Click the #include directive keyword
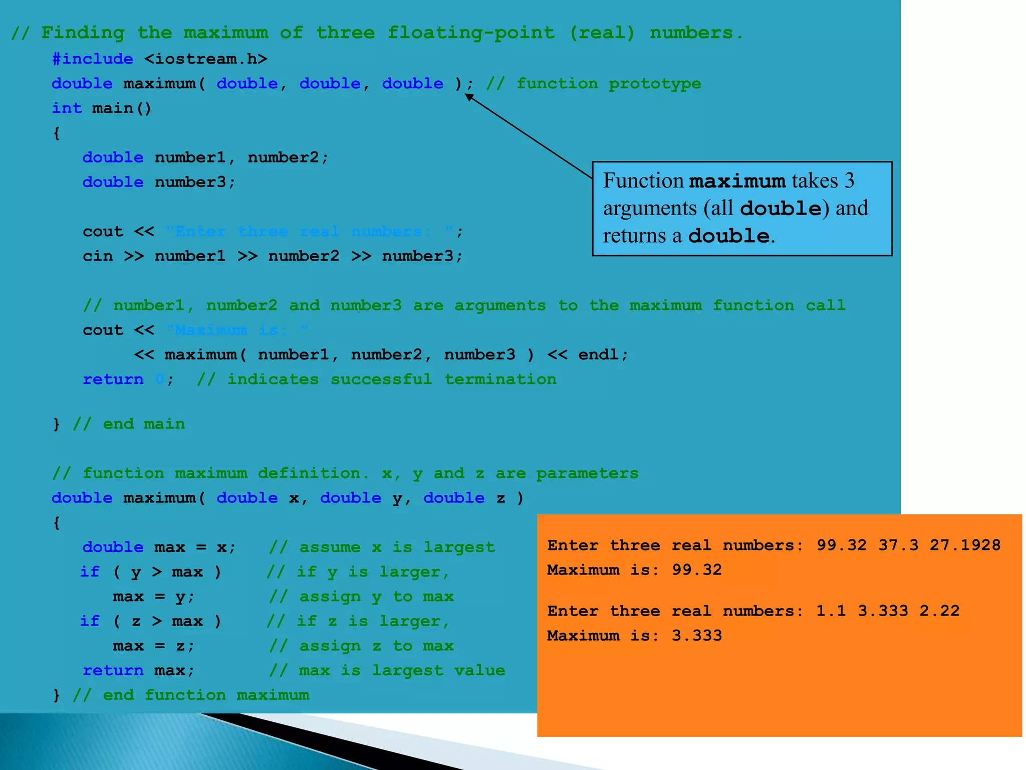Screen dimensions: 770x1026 tap(93, 59)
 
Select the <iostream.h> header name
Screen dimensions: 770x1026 tap(206, 59)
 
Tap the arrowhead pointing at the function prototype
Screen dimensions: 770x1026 tap(469, 97)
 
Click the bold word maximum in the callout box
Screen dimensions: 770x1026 tap(737, 181)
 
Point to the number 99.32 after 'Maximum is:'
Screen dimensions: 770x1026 tap(696, 570)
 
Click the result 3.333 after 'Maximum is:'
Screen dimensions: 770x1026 tap(696, 636)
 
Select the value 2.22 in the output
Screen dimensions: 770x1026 tap(939, 611)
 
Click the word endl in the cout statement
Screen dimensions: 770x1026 tap(598, 355)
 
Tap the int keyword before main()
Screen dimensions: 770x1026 tap(67, 108)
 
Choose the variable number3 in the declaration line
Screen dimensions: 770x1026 tap(190, 182)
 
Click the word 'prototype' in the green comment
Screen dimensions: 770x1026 tap(655, 84)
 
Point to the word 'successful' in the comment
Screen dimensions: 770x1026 tap(381, 379)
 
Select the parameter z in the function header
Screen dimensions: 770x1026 tap(500, 498)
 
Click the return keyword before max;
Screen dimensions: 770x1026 tap(113, 671)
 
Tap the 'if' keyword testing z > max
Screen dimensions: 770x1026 tap(90, 622)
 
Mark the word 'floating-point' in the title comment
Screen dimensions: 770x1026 tap(471, 33)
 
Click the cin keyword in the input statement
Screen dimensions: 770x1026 tap(98, 256)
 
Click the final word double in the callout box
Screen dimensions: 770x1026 tap(729, 236)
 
